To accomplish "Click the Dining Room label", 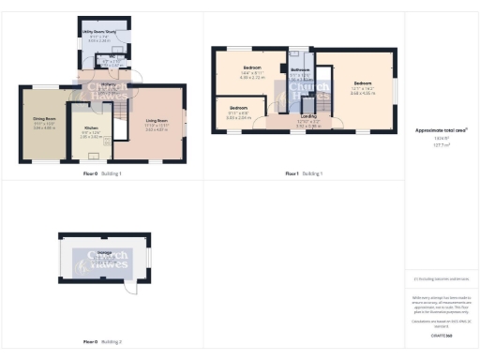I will (x=44, y=119).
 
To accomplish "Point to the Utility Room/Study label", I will (x=97, y=31).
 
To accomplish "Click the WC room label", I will (x=110, y=57).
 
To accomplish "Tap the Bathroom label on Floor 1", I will (x=300, y=71).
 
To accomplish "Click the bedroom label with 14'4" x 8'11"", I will (x=252, y=69).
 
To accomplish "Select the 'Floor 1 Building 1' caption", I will (x=304, y=174).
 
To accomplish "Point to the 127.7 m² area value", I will (x=441, y=145).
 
